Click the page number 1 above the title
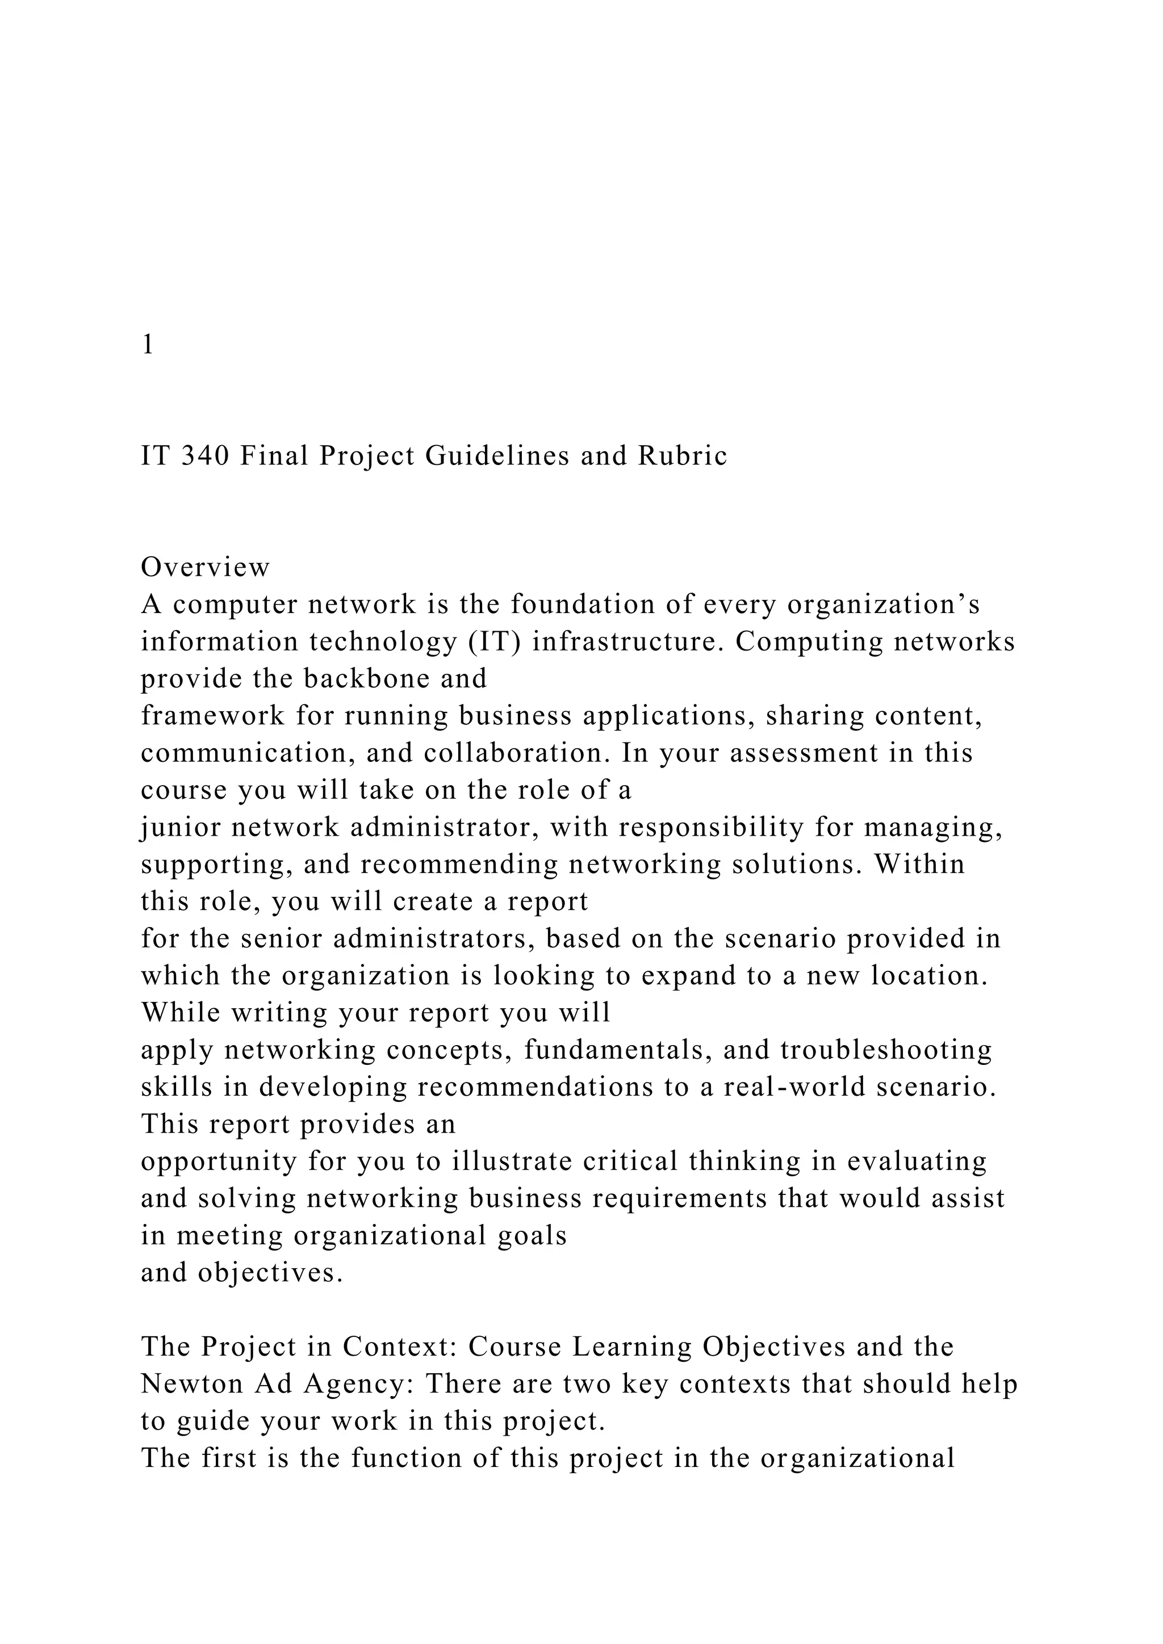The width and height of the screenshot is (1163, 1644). [148, 345]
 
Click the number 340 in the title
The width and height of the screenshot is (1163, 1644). [205, 456]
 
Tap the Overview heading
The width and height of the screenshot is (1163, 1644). [206, 567]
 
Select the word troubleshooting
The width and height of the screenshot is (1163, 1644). [886, 1050]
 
